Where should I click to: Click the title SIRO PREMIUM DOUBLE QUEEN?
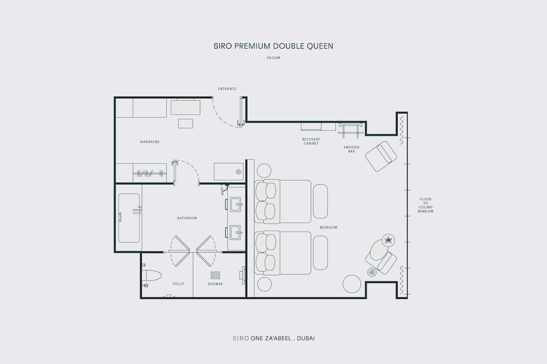(x=273, y=46)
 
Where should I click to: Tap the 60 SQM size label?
(x=273, y=58)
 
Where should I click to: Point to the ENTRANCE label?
(x=227, y=89)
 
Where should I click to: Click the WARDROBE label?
(x=150, y=142)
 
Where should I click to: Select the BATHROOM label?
(x=187, y=218)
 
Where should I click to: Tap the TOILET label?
(x=178, y=284)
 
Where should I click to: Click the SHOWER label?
(x=215, y=284)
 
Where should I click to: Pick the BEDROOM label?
(x=328, y=228)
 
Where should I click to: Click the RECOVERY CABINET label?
(x=311, y=141)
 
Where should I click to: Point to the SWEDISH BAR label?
(x=351, y=149)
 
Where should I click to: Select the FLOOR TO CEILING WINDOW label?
(x=426, y=206)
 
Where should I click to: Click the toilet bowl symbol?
(x=152, y=275)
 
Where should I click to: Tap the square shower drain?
(x=215, y=275)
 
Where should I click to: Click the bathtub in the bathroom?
(x=129, y=218)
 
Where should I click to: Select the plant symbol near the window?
(x=388, y=240)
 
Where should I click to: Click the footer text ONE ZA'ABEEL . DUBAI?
(x=283, y=338)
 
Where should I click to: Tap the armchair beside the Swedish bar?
(x=381, y=156)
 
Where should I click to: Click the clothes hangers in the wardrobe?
(x=150, y=173)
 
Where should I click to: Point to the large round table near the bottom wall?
(x=352, y=284)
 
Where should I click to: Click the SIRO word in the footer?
(x=241, y=338)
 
